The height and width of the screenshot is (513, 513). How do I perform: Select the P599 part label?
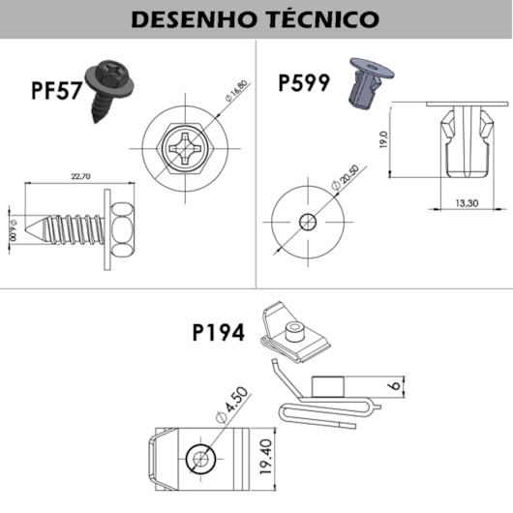tap(303, 81)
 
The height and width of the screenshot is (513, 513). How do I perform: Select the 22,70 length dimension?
tap(80, 176)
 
